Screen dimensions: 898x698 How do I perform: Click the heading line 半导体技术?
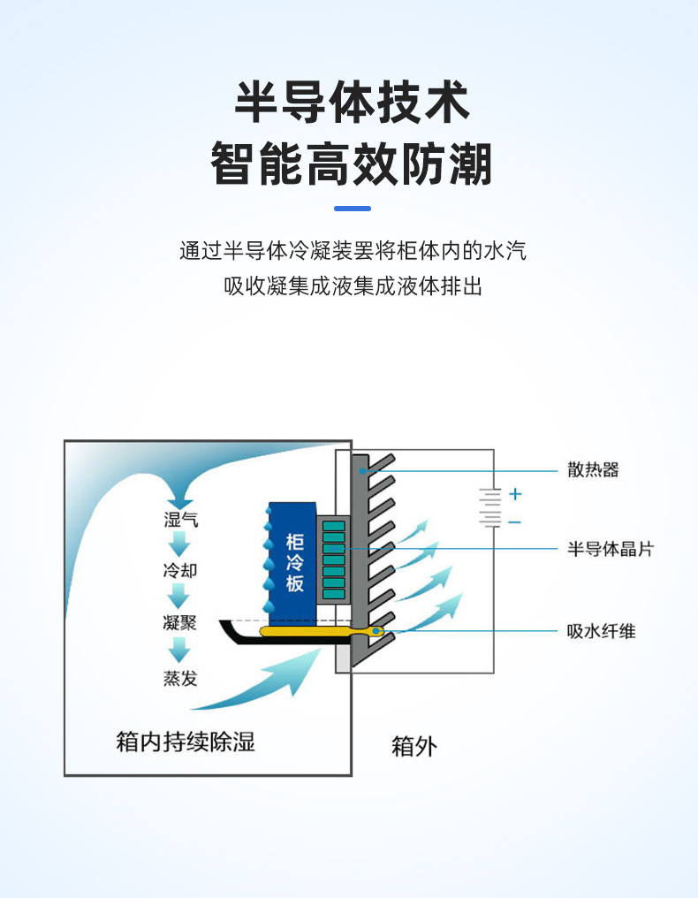click(x=351, y=103)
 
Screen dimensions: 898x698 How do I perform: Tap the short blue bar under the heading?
click(x=353, y=209)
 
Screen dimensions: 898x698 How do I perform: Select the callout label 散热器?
click(x=592, y=469)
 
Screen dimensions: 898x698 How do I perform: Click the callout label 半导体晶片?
click(x=610, y=549)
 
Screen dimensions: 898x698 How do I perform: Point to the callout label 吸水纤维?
click(x=601, y=631)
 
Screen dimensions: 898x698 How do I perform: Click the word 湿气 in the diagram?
click(x=180, y=519)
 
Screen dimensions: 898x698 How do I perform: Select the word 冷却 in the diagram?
click(x=180, y=570)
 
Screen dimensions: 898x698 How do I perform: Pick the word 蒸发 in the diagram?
click(x=180, y=678)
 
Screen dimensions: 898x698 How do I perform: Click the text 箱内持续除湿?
click(x=186, y=741)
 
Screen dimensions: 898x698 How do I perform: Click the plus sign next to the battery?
click(x=515, y=494)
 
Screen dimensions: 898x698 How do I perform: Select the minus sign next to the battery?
click(x=515, y=522)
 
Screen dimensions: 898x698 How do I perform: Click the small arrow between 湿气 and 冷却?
click(x=180, y=543)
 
